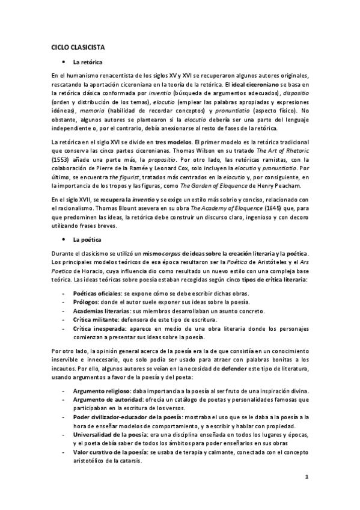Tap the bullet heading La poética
point(86,239)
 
